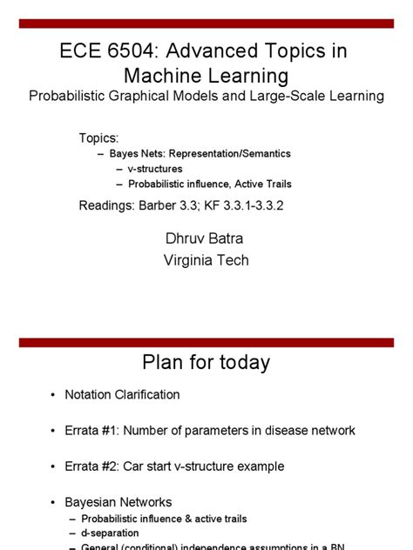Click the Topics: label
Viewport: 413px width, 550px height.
(x=98, y=138)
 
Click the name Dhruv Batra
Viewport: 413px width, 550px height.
(x=206, y=237)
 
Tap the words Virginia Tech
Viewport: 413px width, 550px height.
(x=206, y=259)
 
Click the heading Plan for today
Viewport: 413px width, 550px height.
(x=206, y=362)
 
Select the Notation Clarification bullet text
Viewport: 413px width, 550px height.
(x=122, y=394)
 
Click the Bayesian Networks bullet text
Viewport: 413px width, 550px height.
(x=118, y=502)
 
